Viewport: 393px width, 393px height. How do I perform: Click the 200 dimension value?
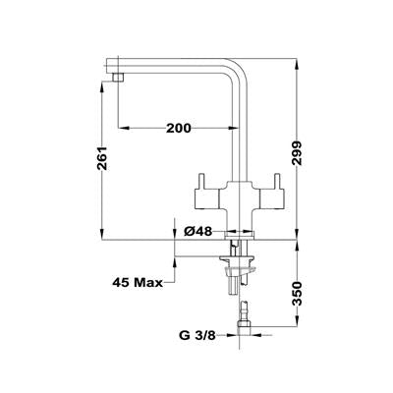point(179,128)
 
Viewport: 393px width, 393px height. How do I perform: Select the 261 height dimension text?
point(102,158)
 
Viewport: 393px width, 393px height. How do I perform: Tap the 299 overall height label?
point(297,153)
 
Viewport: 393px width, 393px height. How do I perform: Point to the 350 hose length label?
point(297,294)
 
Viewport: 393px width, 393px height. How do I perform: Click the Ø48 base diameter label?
point(198,232)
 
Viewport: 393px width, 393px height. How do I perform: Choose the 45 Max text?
point(138,282)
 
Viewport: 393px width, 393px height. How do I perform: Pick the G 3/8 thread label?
point(197,335)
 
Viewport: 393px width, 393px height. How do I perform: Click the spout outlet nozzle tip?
point(118,78)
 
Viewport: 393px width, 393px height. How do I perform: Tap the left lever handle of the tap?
point(206,194)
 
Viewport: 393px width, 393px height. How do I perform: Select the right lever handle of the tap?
point(272,194)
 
